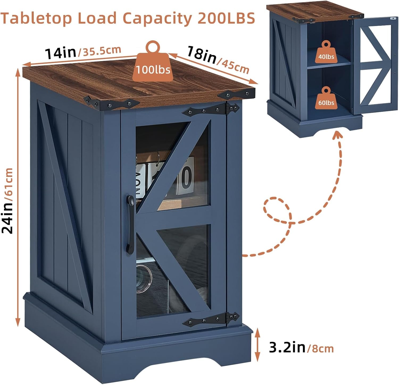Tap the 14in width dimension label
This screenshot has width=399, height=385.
[x=60, y=52]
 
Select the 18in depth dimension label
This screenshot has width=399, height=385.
[x=201, y=54]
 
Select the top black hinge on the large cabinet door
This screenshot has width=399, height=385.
[x=210, y=109]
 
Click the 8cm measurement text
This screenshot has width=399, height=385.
[x=320, y=348]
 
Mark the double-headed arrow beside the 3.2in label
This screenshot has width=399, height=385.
[x=257, y=344]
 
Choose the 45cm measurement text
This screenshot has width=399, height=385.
[x=234, y=66]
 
